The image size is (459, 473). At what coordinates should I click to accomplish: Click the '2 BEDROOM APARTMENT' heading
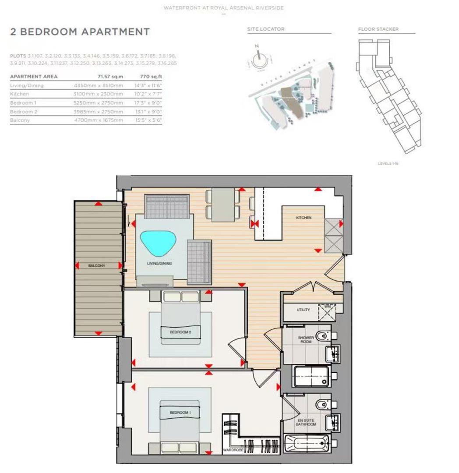pyautogui.click(x=80, y=32)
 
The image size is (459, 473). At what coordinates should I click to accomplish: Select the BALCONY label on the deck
pyautogui.click(x=96, y=265)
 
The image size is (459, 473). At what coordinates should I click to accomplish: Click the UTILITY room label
pyautogui.click(x=303, y=310)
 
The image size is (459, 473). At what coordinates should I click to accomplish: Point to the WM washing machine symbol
pyautogui.click(x=327, y=307)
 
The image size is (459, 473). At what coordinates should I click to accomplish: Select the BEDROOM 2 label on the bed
pyautogui.click(x=180, y=332)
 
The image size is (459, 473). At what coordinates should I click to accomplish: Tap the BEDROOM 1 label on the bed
pyautogui.click(x=180, y=413)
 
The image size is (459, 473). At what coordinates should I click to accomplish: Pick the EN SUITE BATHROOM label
pyautogui.click(x=305, y=422)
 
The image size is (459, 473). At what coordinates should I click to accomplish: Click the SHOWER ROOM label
pyautogui.click(x=306, y=339)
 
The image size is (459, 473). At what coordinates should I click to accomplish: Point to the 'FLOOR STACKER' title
pyautogui.click(x=378, y=29)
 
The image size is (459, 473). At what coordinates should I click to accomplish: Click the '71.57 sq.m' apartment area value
pyautogui.click(x=110, y=77)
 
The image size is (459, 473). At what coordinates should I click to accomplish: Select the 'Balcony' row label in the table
pyautogui.click(x=20, y=120)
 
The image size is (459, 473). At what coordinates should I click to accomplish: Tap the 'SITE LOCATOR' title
pyautogui.click(x=265, y=29)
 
